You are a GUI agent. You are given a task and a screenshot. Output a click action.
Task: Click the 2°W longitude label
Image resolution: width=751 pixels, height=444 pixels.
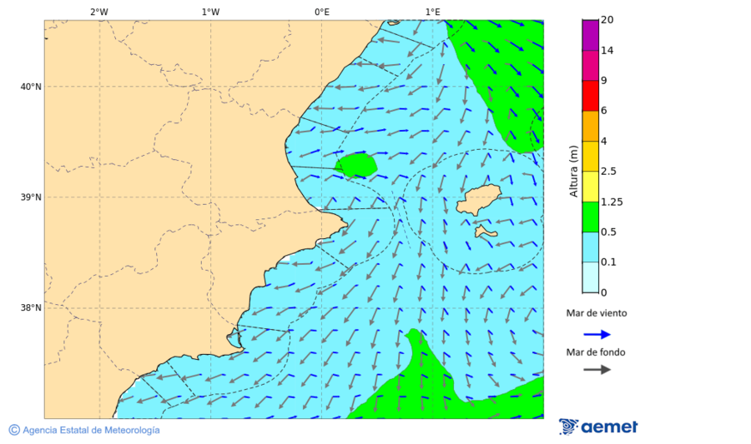coord(98,12)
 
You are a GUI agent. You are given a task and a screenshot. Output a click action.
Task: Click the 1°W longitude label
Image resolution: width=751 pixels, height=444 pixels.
coord(210,12)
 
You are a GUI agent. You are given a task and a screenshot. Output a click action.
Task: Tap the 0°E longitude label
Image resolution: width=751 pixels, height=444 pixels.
coord(321,12)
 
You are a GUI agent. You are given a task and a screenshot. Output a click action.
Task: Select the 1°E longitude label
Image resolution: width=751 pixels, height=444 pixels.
coord(432,12)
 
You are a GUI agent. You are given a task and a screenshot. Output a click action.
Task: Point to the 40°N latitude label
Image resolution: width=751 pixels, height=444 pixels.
coord(31,87)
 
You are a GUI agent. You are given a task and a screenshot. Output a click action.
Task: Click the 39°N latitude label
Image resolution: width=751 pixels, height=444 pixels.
coord(31,197)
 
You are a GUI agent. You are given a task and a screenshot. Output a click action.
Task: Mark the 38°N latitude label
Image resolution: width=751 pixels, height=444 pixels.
coord(31,307)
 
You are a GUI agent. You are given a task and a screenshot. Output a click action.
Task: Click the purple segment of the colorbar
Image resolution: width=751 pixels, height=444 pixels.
coord(591,35)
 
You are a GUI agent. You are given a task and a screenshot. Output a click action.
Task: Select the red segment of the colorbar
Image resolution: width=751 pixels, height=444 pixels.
coord(591,96)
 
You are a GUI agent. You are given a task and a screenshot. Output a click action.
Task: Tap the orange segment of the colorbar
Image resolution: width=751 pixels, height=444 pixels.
coord(591,126)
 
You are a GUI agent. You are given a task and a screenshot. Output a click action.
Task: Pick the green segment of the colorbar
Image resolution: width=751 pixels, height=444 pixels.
coord(591,217)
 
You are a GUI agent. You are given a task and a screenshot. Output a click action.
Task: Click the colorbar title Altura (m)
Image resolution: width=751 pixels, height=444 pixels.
coord(573,171)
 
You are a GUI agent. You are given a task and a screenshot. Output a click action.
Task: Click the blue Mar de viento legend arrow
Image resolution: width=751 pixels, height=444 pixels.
coord(597,334)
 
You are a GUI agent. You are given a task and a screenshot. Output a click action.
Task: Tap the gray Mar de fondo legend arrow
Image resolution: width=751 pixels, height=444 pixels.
coord(597,370)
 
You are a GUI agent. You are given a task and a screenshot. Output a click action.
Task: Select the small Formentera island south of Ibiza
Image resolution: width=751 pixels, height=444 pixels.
coord(485,231)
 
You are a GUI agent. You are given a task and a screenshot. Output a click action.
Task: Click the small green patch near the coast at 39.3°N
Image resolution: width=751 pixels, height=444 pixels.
coord(357,164)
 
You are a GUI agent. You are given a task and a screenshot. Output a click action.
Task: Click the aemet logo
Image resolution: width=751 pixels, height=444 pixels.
coord(598,427)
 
